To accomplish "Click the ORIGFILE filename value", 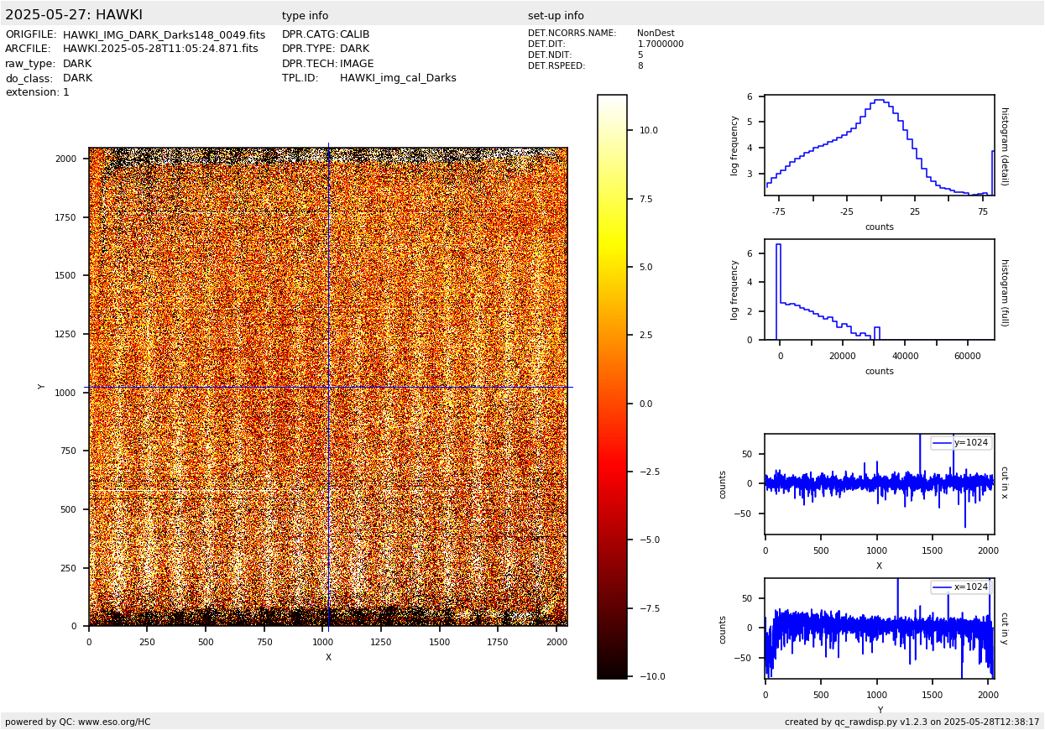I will coord(164,35).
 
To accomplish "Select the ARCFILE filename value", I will coord(160,50).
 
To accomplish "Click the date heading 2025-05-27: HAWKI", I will coord(74,15).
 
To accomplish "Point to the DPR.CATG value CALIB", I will coord(354,35).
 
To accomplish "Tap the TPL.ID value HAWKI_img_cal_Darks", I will coord(398,78).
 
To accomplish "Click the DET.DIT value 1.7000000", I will coord(660,44).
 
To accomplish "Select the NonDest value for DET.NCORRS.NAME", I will coord(656,34).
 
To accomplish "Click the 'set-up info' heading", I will coord(556,16).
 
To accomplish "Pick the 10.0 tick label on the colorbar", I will coord(649,131).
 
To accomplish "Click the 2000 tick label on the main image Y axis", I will coord(66,159).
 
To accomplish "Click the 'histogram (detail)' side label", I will coord(1004,145).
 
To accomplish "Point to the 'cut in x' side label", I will coord(1004,482).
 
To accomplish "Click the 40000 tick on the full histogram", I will coord(904,356).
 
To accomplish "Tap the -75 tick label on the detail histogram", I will coord(779,211).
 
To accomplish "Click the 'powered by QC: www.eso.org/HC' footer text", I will coord(78,722).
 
